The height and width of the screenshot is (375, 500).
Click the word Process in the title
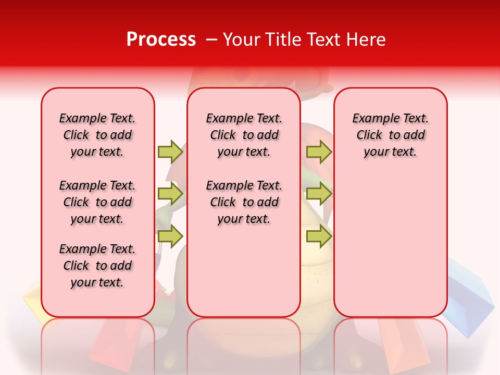[x=161, y=40]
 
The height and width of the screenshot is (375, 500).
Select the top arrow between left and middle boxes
[x=170, y=152]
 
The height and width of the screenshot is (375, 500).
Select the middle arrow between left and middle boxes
[x=170, y=194]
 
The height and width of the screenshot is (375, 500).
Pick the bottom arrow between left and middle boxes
[x=170, y=236]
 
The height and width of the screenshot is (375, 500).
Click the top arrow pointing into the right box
[x=319, y=152]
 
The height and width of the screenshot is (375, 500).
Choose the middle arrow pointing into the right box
[x=319, y=194]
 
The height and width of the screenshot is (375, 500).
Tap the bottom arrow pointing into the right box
[x=319, y=236]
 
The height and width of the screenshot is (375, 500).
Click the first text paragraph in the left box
[x=97, y=135]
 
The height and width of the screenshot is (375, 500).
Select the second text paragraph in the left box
[x=97, y=202]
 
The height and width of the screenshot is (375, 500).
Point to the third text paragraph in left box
[x=97, y=266]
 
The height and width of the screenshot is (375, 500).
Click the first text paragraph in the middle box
[x=244, y=135]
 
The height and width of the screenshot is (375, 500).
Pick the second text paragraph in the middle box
[x=244, y=202]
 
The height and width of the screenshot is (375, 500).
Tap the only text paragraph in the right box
[x=390, y=135]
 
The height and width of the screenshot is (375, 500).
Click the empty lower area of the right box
[x=390, y=250]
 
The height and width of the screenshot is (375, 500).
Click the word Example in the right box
[x=372, y=119]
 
